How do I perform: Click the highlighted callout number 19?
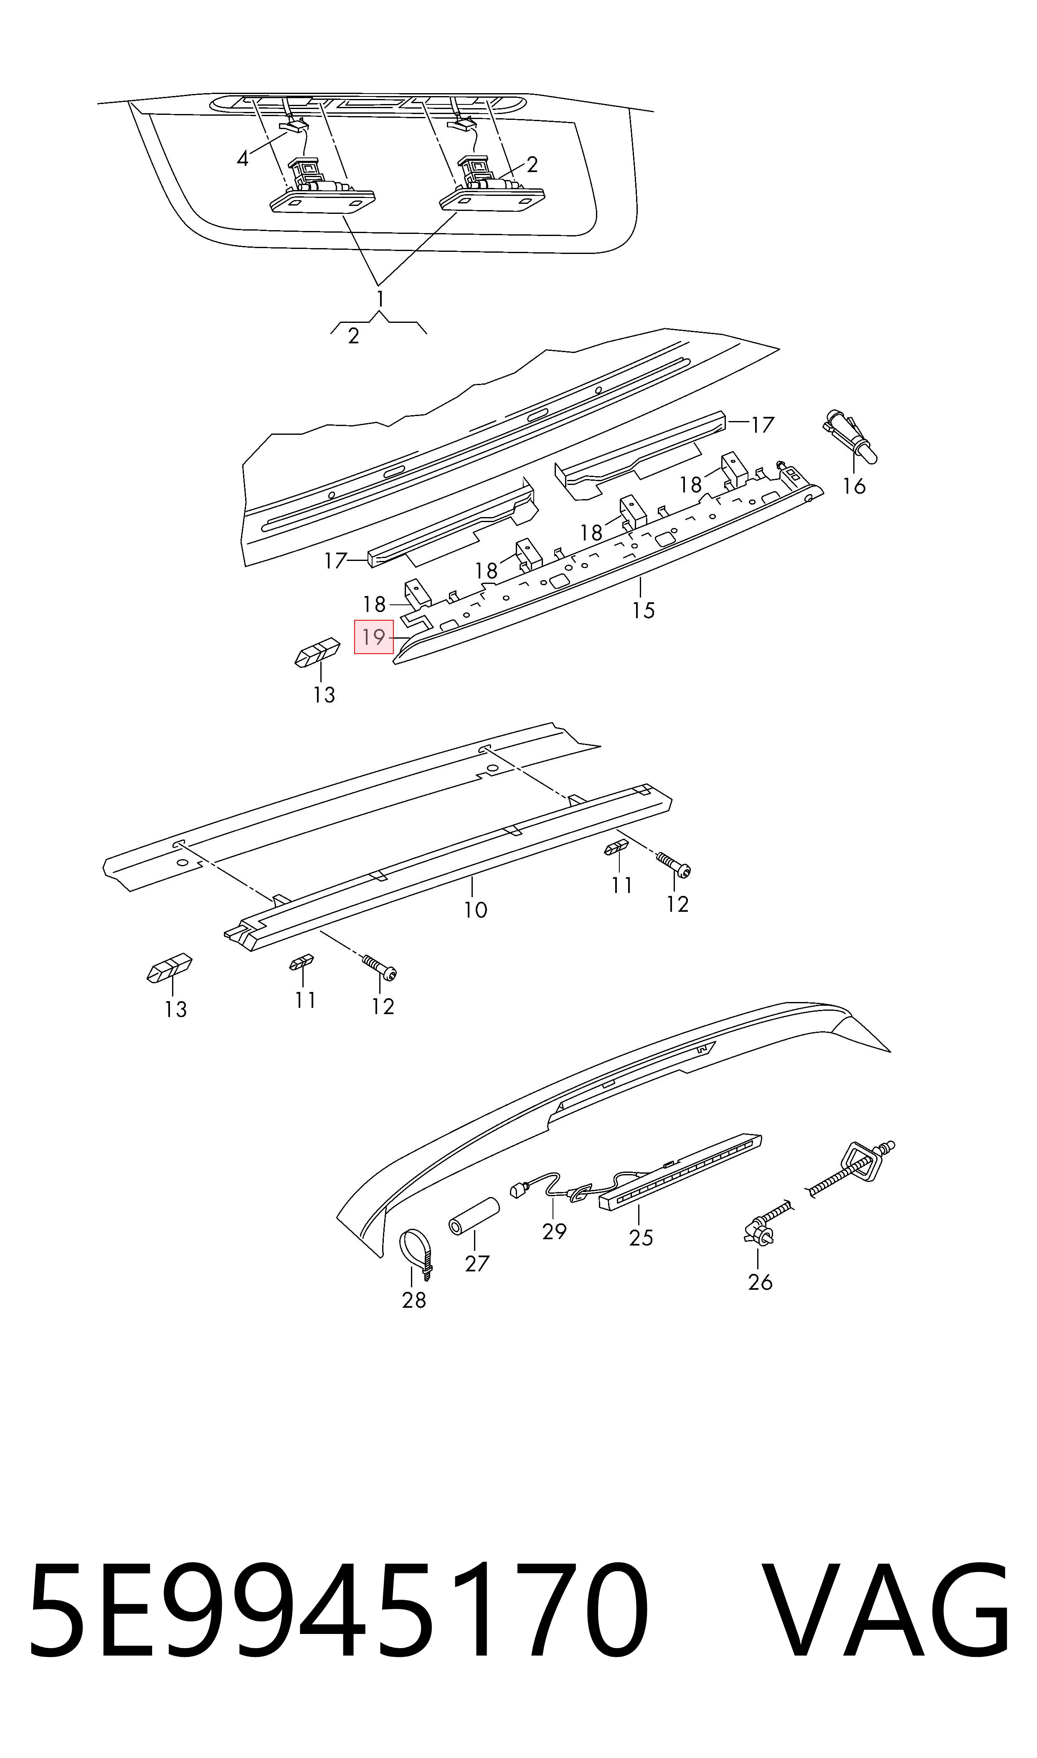coord(374,637)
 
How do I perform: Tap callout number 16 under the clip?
coord(854,486)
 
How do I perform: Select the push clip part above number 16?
coord(850,435)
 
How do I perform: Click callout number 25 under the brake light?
coord(641,1238)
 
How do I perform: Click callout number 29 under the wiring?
coord(554,1230)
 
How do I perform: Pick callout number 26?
coord(760,1281)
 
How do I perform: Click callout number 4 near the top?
coord(243,159)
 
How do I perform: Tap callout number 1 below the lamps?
coord(380,299)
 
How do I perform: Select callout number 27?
coord(477,1263)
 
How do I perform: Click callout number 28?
coord(414,1299)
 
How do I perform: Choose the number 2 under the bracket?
coord(354,336)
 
